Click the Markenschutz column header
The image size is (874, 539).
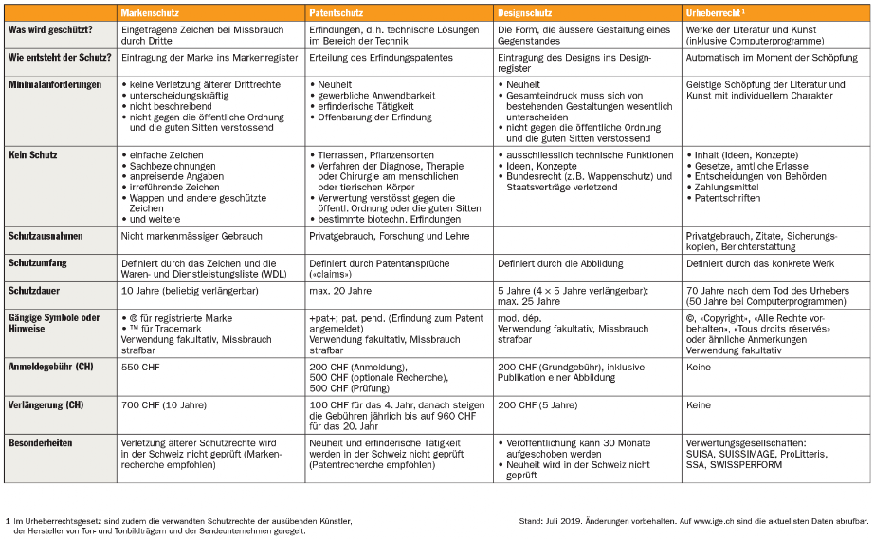point(150,12)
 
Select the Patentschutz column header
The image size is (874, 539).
point(337,12)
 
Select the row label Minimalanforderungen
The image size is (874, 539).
point(55,85)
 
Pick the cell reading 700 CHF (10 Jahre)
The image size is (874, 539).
point(163,404)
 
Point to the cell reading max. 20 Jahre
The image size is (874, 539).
point(340,291)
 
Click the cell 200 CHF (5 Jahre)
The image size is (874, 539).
point(537,404)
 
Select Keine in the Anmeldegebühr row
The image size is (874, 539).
point(699,367)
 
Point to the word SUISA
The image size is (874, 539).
point(702,454)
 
